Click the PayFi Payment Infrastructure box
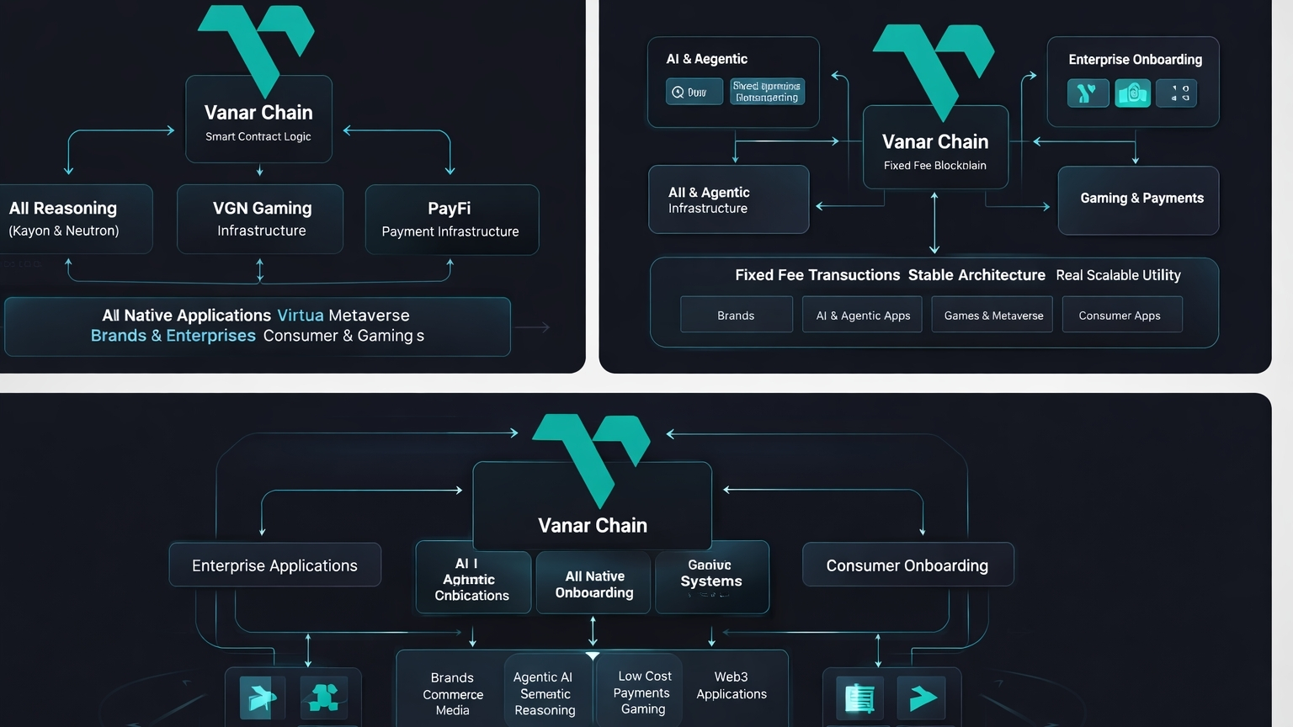coord(451,220)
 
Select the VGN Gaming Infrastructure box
coord(261,219)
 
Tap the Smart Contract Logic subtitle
coord(258,136)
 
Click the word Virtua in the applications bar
coord(301,316)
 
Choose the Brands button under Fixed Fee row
coord(736,316)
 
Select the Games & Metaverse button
coord(992,316)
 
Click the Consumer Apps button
coord(1120,316)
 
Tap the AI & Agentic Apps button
coord(863,316)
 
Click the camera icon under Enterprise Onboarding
coord(1132,93)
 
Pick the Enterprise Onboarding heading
coord(1135,60)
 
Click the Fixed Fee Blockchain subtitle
coord(934,166)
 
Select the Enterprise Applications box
coord(274,565)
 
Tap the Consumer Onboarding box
coord(907,565)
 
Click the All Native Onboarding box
coord(593,584)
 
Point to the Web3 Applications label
coord(731,685)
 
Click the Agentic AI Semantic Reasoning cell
coord(545,693)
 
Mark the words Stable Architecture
coord(976,275)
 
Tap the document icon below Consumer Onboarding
coord(859,698)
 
